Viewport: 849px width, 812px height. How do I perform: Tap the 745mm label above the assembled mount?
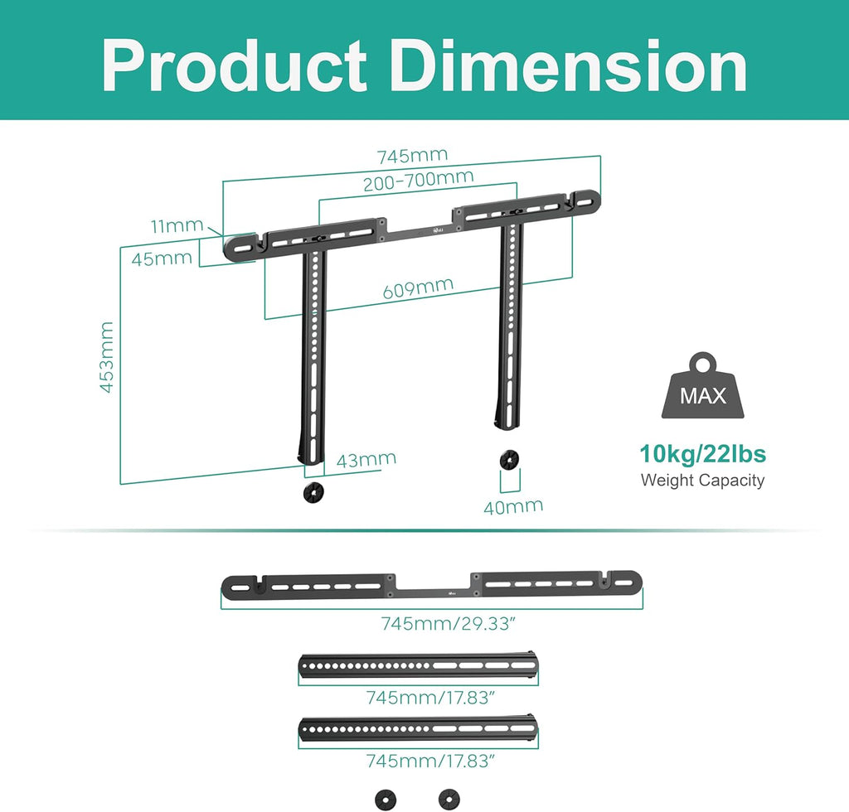coord(412,156)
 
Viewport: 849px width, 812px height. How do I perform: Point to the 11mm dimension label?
coord(177,225)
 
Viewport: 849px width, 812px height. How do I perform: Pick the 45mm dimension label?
coord(162,259)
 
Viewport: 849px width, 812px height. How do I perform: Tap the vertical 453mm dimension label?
coord(107,357)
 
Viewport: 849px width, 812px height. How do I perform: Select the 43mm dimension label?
coord(366,459)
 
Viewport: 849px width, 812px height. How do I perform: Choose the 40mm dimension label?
coord(513,505)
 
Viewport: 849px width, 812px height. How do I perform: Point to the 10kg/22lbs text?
coord(702,454)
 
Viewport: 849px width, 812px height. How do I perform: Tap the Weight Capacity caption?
coord(702,481)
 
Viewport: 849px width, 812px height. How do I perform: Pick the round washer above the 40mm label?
coord(506,459)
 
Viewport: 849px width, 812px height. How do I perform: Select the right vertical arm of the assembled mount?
coord(510,331)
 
